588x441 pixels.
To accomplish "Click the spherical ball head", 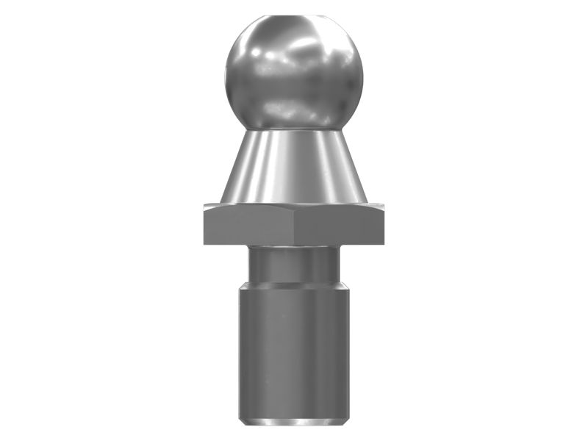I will [293, 73].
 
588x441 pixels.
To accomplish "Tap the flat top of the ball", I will [293, 14].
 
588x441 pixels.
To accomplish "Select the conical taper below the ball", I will [293, 165].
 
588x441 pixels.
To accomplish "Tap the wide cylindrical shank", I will [293, 345].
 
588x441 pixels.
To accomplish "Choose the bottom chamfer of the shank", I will [293, 422].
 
